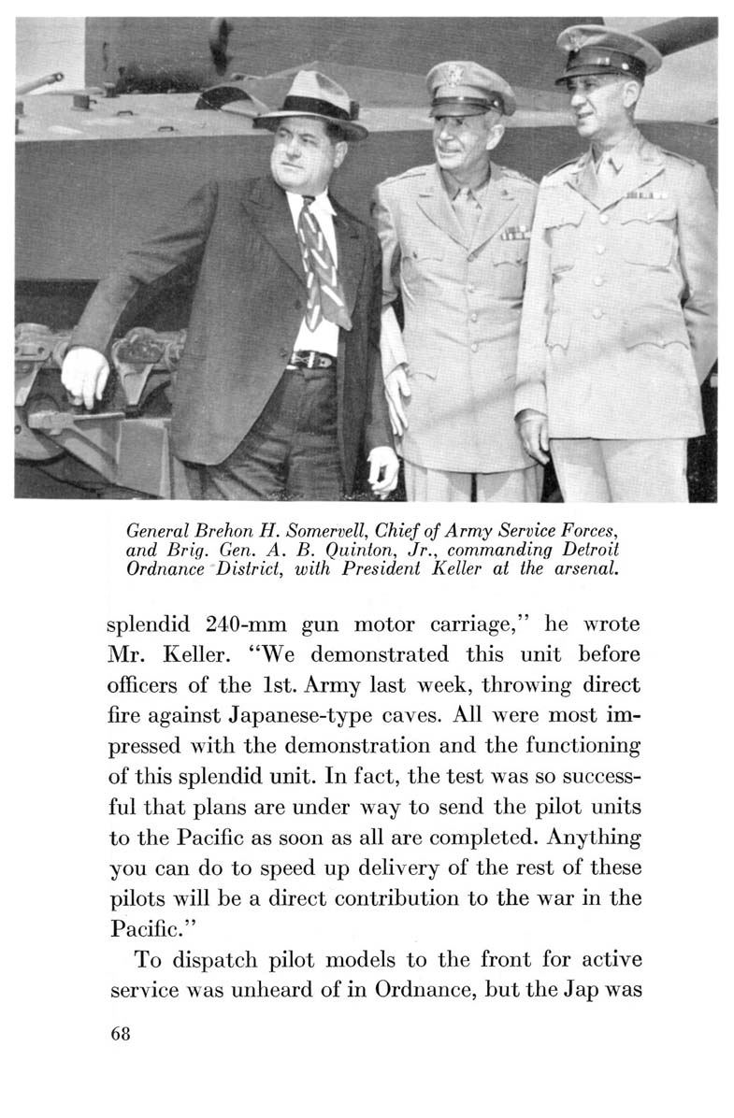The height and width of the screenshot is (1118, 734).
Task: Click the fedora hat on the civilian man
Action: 309,106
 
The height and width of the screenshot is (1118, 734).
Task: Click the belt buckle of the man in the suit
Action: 305,360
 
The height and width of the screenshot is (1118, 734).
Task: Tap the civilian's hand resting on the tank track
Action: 84,374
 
